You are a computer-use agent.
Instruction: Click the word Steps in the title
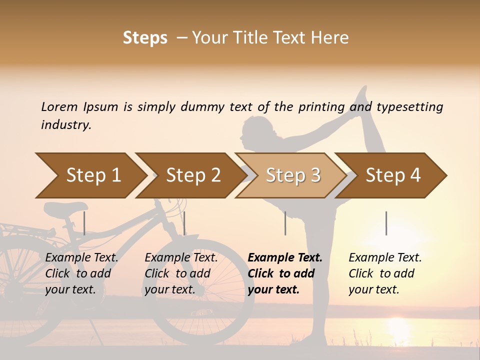[145, 38]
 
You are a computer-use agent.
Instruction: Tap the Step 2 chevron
[192, 175]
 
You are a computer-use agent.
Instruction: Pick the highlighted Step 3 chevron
[292, 175]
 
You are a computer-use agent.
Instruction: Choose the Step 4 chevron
[392, 175]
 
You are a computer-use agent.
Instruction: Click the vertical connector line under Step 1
[84, 223]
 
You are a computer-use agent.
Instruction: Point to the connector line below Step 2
[184, 223]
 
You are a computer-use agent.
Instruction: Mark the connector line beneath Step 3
[285, 223]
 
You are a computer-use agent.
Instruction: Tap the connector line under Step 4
[386, 223]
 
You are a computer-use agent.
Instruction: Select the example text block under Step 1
[81, 273]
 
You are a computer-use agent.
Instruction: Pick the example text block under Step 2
[181, 273]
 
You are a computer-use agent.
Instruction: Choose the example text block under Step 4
[385, 273]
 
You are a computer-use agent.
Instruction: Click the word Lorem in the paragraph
[59, 107]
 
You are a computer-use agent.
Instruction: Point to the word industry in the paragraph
[66, 125]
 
